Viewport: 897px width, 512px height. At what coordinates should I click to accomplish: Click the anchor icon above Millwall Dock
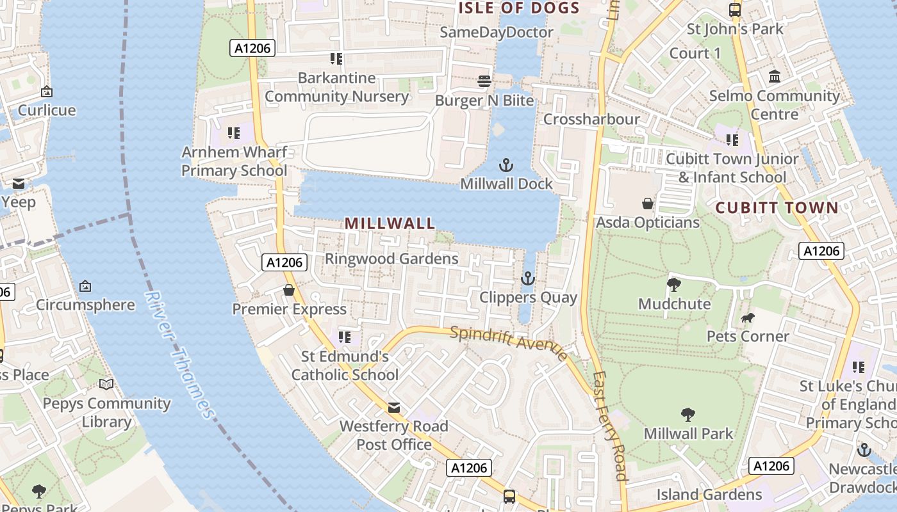click(x=506, y=165)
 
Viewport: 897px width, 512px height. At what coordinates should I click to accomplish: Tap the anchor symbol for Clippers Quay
click(x=527, y=278)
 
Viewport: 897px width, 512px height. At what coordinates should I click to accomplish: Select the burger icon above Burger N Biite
click(x=484, y=81)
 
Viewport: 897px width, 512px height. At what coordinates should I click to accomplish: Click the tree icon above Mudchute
click(x=673, y=285)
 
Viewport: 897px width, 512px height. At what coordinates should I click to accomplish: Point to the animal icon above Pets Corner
click(x=747, y=317)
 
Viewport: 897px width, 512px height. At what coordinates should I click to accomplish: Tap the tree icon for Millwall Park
click(x=688, y=415)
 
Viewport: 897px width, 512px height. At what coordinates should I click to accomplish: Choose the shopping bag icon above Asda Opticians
click(x=648, y=204)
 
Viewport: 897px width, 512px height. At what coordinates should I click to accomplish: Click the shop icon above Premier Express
click(x=289, y=290)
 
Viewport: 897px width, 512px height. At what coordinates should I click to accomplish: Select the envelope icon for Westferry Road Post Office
click(x=393, y=408)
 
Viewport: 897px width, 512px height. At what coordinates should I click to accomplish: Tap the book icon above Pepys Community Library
click(x=106, y=384)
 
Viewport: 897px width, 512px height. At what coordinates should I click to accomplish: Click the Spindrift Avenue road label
click(x=508, y=343)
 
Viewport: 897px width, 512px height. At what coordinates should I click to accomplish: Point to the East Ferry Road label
click(x=609, y=426)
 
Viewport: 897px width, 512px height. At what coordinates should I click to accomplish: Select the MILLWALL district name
click(x=390, y=223)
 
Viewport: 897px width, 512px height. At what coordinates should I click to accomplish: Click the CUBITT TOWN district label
click(x=777, y=208)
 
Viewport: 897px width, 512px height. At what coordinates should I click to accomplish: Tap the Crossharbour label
click(x=591, y=120)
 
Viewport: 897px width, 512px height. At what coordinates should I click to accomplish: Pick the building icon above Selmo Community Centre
click(x=775, y=77)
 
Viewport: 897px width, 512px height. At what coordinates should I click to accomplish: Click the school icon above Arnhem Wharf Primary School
click(x=234, y=133)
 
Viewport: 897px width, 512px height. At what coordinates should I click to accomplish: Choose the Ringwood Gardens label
click(x=391, y=259)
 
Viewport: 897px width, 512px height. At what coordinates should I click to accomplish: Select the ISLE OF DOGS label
click(x=519, y=8)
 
